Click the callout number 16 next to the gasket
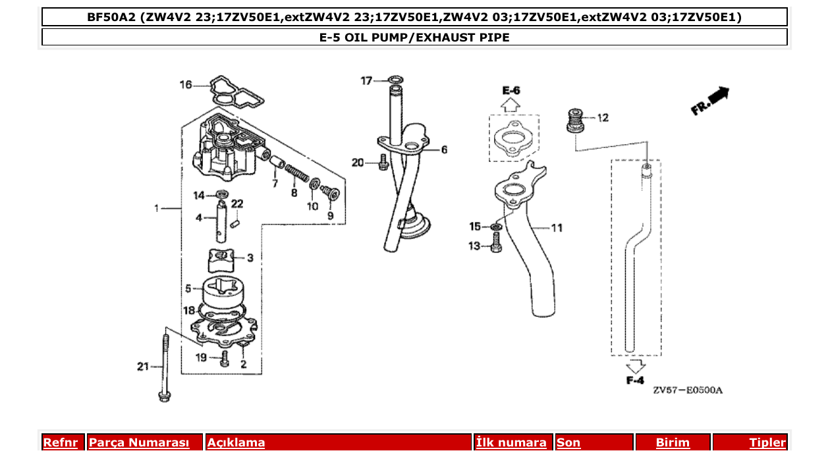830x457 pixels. coord(186,84)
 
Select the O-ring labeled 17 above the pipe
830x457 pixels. coord(395,81)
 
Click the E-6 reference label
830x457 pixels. coord(511,90)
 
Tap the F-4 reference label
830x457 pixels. coord(634,381)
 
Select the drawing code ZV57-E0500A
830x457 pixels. coord(688,390)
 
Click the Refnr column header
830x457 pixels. coord(60,443)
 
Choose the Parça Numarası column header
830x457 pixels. coord(138,443)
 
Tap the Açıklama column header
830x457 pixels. coord(236,443)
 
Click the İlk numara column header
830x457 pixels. coord(511,443)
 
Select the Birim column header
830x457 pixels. coord(673,443)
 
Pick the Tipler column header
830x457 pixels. coord(767,443)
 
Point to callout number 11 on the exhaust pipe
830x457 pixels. coord(557,228)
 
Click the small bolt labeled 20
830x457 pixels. coord(383,163)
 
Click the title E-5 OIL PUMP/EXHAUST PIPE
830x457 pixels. coord(414,38)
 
